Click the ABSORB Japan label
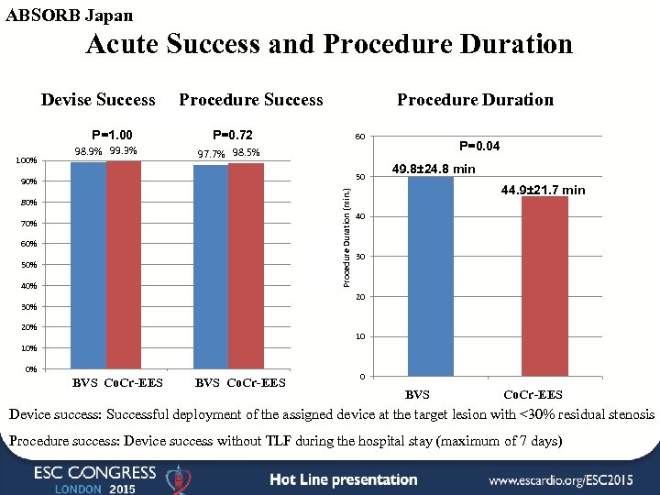click(70, 16)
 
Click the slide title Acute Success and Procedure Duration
click(329, 45)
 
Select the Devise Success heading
click(98, 99)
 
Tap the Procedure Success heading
click(251, 99)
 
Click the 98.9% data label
click(87, 151)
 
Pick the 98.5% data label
click(247, 152)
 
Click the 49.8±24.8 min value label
click(434, 169)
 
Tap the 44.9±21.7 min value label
click(543, 190)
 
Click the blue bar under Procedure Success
click(211, 266)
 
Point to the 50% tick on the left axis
click(30, 265)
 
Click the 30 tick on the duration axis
click(361, 257)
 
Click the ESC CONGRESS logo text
click(95, 473)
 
